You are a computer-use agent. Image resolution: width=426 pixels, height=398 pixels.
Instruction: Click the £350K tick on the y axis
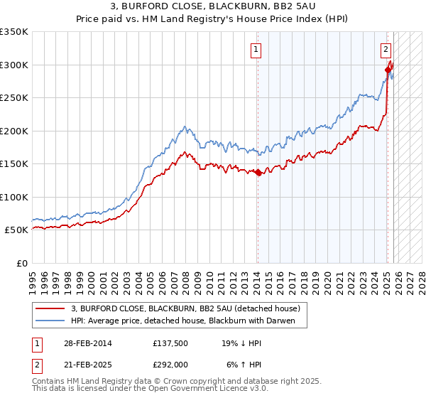(x=14, y=32)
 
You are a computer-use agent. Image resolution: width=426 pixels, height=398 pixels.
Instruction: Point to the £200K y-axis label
(x=14, y=131)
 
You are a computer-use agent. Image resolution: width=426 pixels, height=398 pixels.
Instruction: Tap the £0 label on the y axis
(x=23, y=263)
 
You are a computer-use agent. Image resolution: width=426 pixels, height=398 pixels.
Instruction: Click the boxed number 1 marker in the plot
(x=256, y=50)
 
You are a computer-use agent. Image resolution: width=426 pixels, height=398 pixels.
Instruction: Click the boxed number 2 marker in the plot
(x=385, y=50)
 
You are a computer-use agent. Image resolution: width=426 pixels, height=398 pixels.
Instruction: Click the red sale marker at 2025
(x=388, y=70)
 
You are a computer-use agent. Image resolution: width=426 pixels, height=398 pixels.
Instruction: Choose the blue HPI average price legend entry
(x=187, y=321)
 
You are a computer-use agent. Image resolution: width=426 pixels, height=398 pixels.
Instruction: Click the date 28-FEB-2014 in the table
(x=86, y=343)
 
